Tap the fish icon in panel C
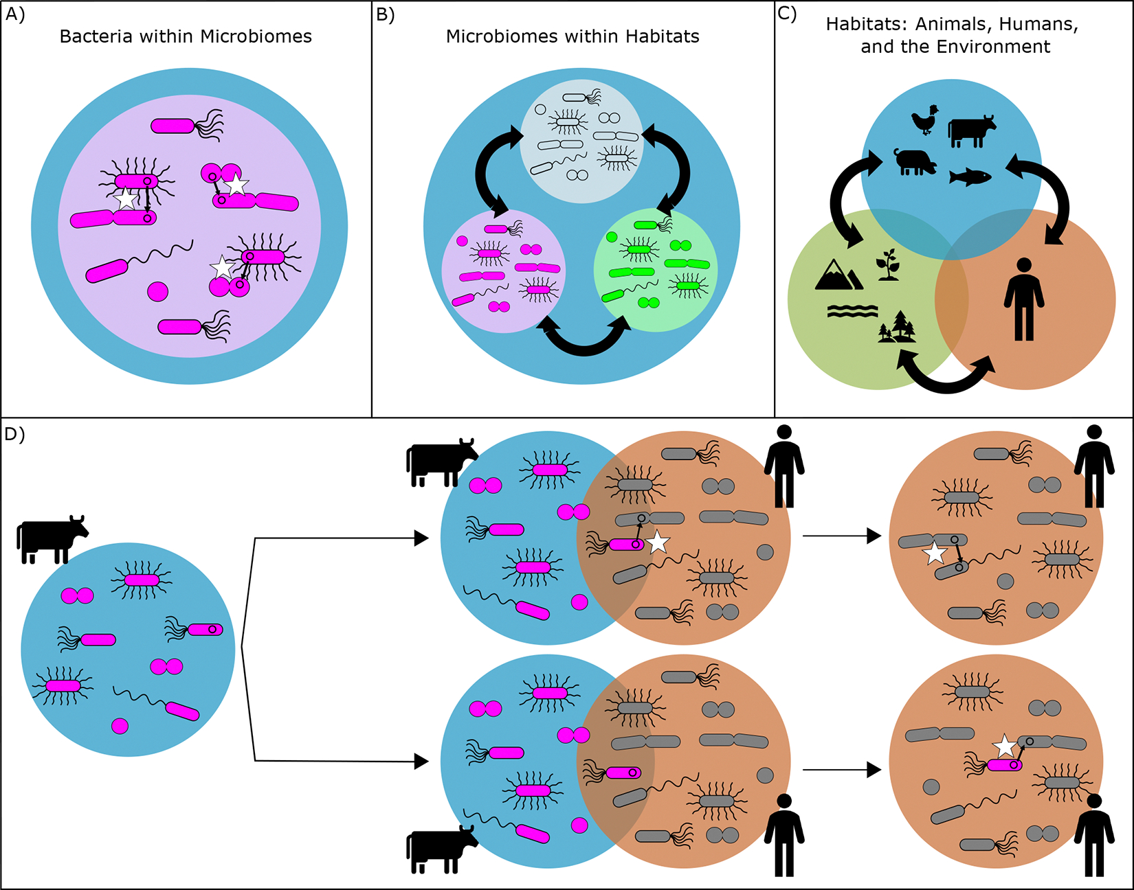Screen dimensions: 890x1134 pyautogui.click(x=970, y=177)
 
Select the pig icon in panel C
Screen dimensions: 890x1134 pyautogui.click(x=915, y=162)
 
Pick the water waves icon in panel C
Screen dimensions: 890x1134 pyautogui.click(x=852, y=311)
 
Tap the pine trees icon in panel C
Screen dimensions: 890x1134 pyautogui.click(x=898, y=327)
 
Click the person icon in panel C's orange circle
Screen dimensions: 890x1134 pyautogui.click(x=1024, y=299)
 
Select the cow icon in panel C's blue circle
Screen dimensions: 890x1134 pyautogui.click(x=971, y=130)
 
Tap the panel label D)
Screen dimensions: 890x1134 pyautogui.click(x=14, y=434)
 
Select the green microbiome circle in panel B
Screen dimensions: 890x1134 pyautogui.click(x=655, y=270)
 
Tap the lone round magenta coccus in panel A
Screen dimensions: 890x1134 pyautogui.click(x=157, y=291)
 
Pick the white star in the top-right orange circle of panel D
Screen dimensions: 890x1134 pyautogui.click(x=935, y=553)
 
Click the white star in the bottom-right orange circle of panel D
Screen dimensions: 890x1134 pyautogui.click(x=1005, y=745)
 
